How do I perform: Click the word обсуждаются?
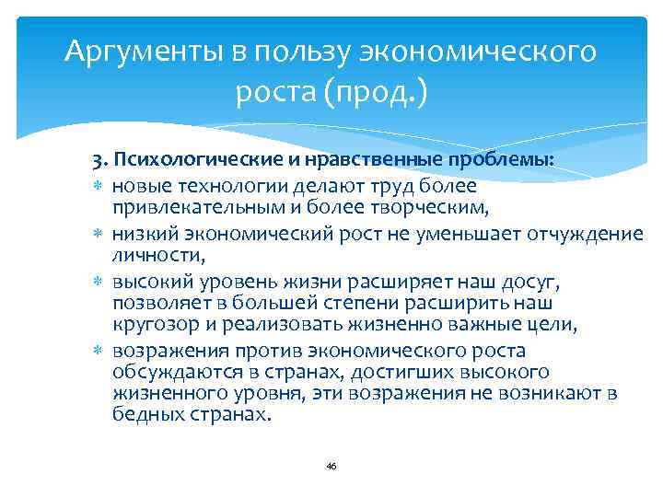tap(166, 371)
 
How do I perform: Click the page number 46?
tap(331, 467)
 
